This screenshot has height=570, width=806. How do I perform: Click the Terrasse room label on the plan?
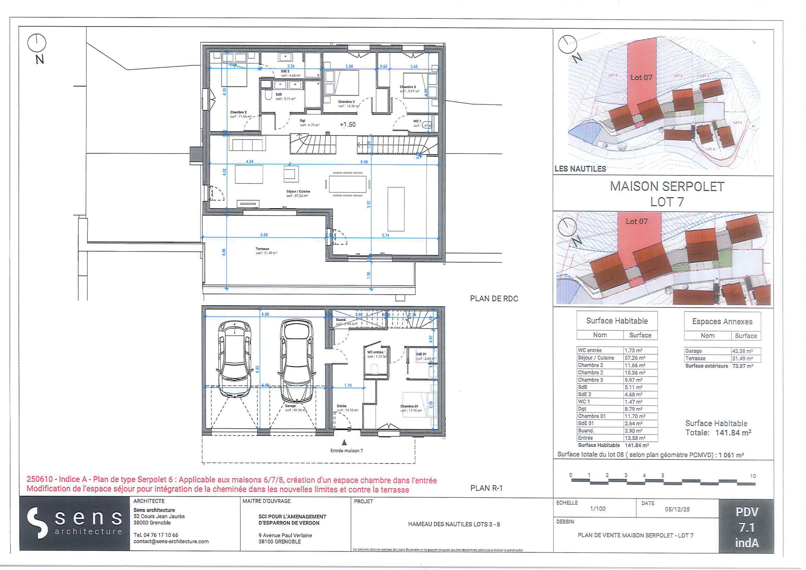262,249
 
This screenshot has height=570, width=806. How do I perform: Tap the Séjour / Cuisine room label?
298,192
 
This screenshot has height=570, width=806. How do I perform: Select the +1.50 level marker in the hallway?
348,125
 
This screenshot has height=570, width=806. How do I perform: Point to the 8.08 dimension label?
364,162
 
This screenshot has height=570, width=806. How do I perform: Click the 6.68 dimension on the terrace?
264,235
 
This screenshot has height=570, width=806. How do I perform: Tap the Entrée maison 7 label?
347,451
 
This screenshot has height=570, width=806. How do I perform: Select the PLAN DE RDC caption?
494,299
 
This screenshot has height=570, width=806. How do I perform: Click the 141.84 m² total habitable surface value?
733,433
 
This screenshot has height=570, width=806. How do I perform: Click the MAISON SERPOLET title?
667,186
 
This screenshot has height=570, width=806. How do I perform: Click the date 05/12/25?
677,509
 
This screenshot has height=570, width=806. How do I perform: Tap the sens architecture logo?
74,523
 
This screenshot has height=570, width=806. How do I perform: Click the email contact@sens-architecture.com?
171,542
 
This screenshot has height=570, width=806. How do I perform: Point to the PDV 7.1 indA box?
746,528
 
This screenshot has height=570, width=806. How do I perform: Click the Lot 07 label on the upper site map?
641,77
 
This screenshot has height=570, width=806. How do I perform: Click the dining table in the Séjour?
348,184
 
